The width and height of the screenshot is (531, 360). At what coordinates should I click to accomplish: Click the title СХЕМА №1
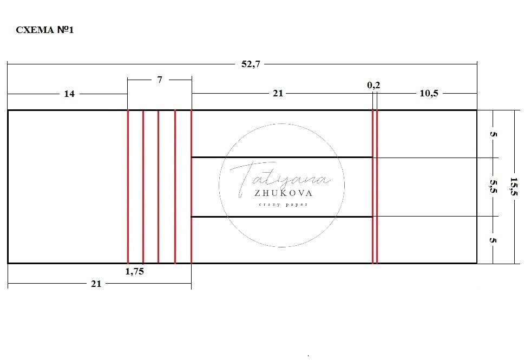45,30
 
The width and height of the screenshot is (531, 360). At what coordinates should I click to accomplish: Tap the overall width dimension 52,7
251,64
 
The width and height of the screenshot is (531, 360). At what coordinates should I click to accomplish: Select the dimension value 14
69,94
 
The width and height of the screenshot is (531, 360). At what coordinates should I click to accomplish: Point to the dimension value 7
160,80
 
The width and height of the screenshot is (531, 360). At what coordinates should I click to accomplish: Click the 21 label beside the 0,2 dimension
278,93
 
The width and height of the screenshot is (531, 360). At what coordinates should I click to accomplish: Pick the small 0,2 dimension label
373,85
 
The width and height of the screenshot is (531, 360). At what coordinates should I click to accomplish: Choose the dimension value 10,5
429,93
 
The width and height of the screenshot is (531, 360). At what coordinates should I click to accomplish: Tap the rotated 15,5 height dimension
514,186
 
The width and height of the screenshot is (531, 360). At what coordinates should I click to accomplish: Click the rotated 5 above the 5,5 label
493,134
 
